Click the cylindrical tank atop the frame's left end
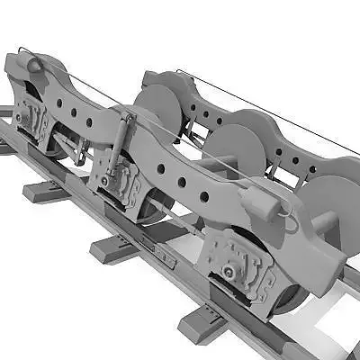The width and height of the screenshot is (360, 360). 32,66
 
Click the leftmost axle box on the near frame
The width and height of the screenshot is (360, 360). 31,117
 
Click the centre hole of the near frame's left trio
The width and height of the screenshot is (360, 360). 73,113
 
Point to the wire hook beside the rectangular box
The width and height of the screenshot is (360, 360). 287,212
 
